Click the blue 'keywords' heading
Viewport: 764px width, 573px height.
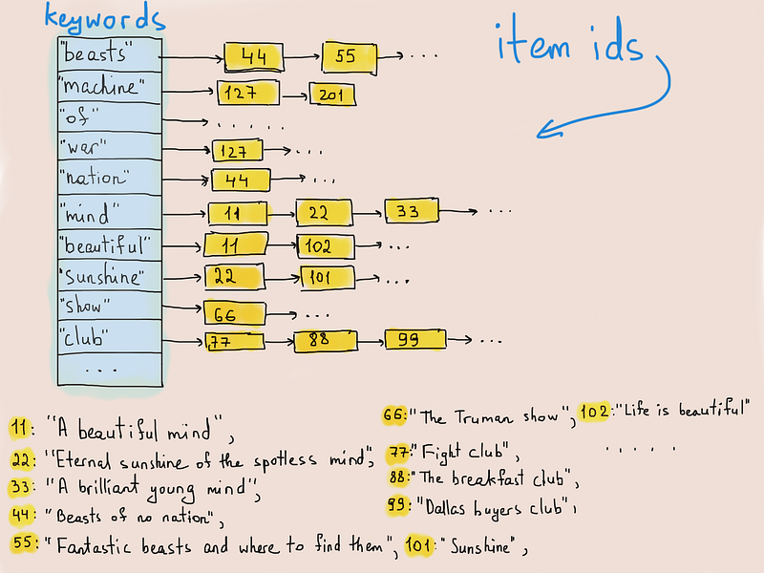[x=105, y=18]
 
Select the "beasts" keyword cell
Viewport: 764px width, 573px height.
[x=110, y=54]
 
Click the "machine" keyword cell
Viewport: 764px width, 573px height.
[x=110, y=88]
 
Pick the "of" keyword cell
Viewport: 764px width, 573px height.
[x=110, y=117]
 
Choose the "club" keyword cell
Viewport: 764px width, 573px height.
[x=110, y=337]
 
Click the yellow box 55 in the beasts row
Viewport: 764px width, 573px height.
[x=349, y=58]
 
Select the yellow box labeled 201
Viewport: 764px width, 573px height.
[x=332, y=94]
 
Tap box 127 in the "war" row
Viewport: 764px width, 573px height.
[x=237, y=151]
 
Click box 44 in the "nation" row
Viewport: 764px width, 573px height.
[x=241, y=180]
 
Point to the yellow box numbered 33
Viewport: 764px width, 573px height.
[x=412, y=210]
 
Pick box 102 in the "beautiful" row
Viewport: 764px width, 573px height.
[x=326, y=246]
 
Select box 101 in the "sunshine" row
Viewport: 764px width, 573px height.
[x=327, y=277]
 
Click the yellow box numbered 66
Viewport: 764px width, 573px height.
[x=235, y=313]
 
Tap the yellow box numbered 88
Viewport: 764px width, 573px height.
[x=326, y=341]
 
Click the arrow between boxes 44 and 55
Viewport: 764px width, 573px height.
[x=302, y=57]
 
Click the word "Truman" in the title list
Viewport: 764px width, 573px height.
[x=483, y=417]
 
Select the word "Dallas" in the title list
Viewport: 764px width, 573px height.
[x=445, y=508]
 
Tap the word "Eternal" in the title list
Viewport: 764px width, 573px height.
[x=84, y=460]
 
